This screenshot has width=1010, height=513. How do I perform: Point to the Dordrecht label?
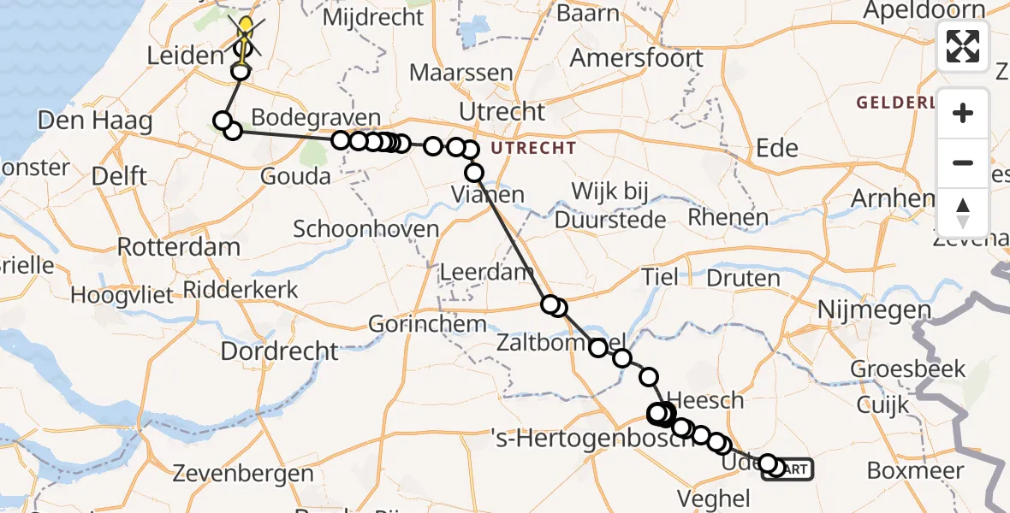click(x=280, y=351)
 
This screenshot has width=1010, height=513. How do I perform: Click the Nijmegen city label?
click(x=874, y=310)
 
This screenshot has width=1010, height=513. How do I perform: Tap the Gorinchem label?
click(x=427, y=324)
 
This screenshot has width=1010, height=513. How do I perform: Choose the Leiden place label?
click(x=185, y=57)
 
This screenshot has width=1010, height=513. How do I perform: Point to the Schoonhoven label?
click(x=365, y=229)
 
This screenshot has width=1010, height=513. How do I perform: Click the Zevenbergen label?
click(x=243, y=473)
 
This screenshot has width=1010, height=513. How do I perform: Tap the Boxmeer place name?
click(x=915, y=470)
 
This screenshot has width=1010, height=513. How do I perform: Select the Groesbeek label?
click(x=907, y=369)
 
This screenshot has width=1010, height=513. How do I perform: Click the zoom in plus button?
click(x=963, y=113)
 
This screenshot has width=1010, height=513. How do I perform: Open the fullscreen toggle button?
click(x=963, y=46)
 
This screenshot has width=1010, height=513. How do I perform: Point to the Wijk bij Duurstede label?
click(x=609, y=205)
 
